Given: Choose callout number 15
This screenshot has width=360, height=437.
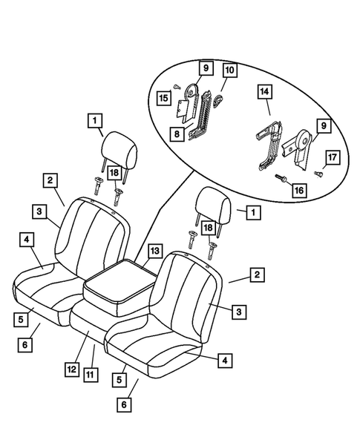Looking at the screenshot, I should coord(163,97).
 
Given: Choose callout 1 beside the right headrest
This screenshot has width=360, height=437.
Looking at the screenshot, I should coord(254,211).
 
